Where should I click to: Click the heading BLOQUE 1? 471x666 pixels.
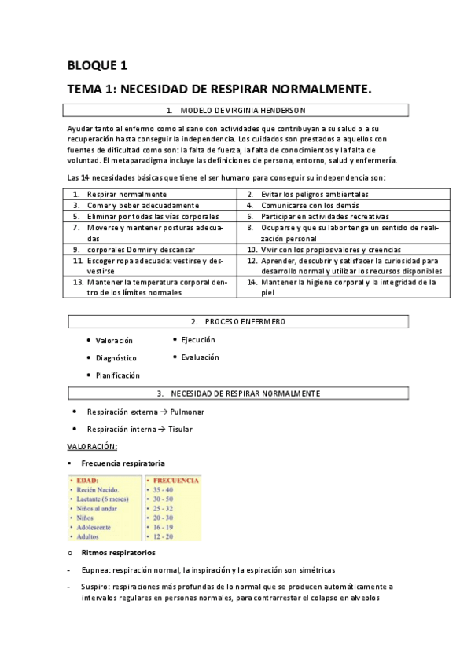98,65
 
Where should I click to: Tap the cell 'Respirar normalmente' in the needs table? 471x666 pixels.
127,194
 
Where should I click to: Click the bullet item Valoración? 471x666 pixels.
114,341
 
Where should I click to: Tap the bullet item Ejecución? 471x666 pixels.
198,340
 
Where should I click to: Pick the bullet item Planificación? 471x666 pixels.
118,375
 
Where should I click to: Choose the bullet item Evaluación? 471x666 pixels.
200,357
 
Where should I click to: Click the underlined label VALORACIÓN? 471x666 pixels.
92,447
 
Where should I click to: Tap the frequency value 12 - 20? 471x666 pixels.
164,537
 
